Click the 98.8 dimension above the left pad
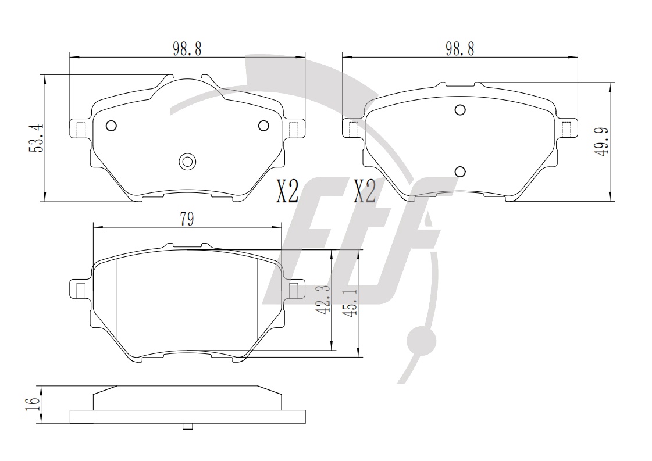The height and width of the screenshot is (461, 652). click(187, 49)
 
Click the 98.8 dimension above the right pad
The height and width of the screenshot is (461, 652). click(460, 49)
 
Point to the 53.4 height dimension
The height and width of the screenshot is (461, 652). click(35, 138)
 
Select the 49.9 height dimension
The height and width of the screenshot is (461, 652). click(601, 141)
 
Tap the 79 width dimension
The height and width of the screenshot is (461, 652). click(187, 219)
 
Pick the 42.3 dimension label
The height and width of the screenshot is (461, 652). click(324, 299)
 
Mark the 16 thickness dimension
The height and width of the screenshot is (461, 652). click(33, 405)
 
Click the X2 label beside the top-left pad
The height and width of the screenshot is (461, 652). click(287, 191)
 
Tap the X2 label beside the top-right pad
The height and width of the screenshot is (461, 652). click(365, 191)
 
